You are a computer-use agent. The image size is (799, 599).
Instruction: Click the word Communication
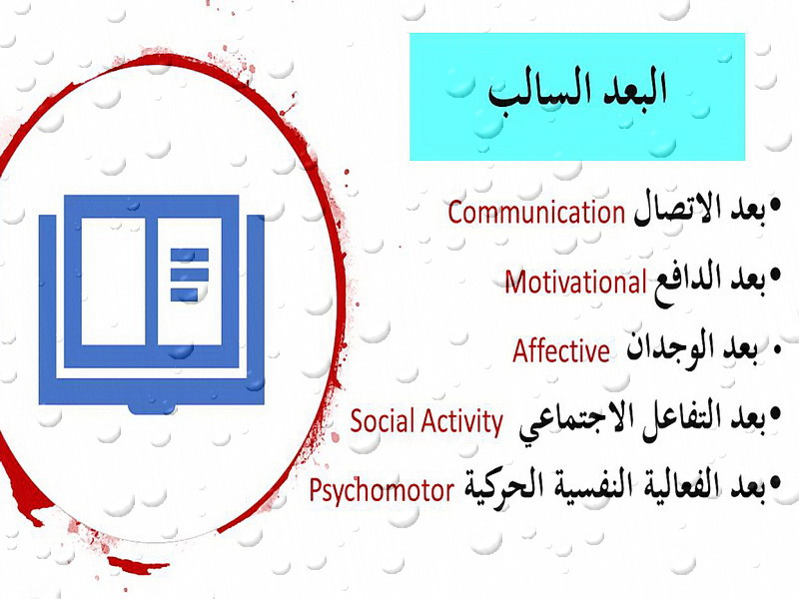536,212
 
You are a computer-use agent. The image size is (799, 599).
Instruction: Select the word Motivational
576,282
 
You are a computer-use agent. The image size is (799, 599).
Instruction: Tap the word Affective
561,350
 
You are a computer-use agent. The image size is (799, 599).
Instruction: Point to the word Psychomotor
382,490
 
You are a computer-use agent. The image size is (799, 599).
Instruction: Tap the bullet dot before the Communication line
776,206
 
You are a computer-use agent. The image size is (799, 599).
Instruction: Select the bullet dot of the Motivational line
776,276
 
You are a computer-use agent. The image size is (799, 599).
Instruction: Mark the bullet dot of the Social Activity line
776,412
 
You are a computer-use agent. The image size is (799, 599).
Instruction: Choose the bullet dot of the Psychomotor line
776,481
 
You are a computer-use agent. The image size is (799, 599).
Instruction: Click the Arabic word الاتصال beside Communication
674,211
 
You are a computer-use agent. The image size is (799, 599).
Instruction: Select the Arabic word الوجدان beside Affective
669,347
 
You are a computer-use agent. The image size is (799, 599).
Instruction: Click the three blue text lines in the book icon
190,275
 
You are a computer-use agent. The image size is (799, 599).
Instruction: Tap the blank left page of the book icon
113,282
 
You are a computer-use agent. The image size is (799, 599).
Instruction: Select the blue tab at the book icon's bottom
152,408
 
